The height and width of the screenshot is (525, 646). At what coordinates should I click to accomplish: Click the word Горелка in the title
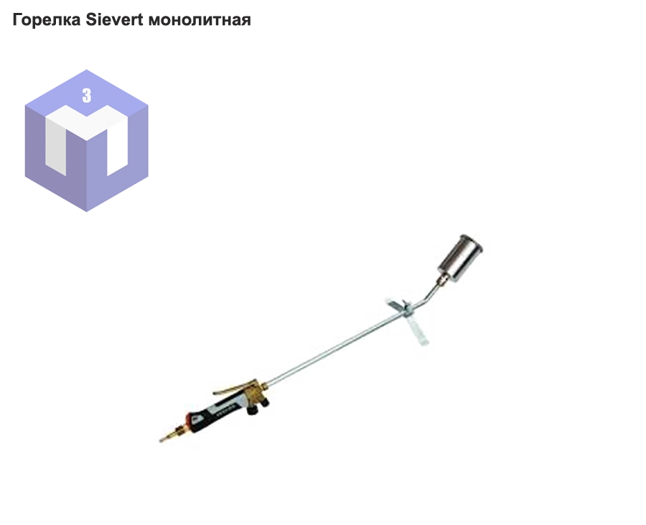(47, 19)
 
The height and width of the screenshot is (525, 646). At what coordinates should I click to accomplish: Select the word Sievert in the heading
(115, 19)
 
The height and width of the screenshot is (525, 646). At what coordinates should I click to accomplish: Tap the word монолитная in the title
(200, 20)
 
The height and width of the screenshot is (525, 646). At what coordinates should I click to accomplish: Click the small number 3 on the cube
(87, 96)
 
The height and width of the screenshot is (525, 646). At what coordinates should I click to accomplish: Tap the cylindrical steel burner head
(460, 258)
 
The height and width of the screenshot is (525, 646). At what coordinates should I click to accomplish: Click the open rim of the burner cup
(472, 242)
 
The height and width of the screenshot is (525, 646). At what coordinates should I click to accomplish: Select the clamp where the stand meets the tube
(406, 308)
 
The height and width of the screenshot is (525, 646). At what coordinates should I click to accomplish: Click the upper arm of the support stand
(393, 303)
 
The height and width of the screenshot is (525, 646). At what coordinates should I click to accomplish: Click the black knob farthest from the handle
(264, 401)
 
